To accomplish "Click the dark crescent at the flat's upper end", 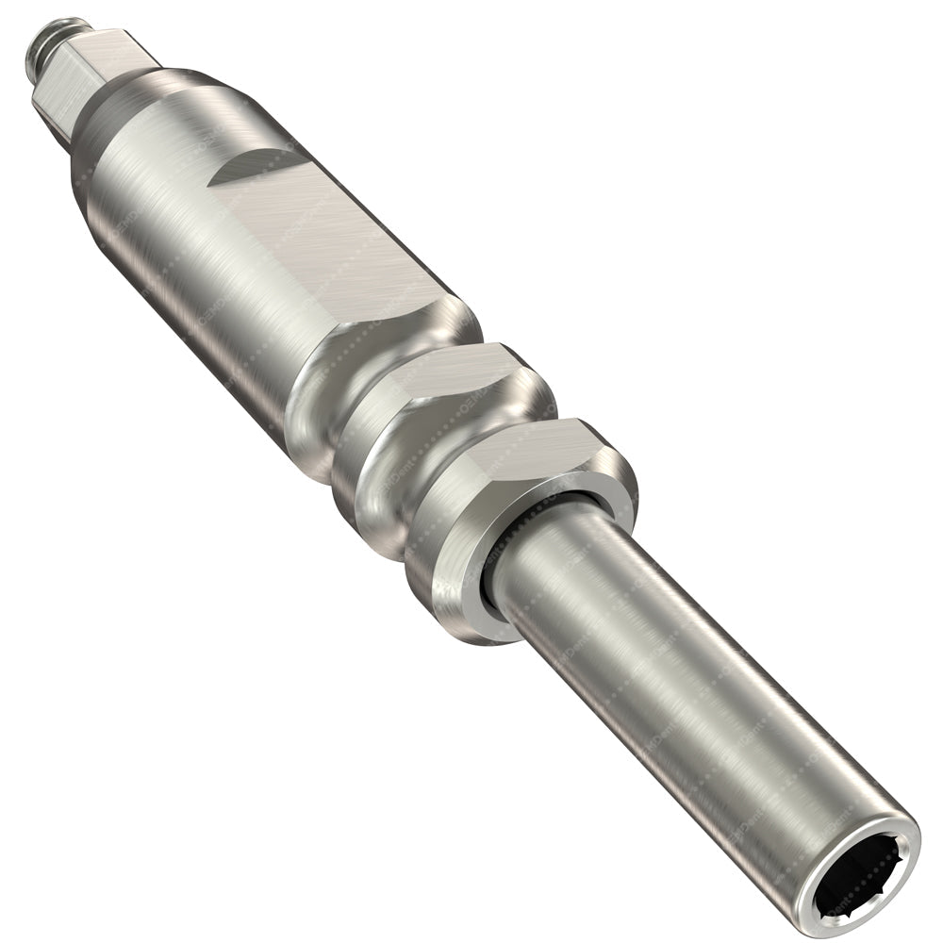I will point(247,168).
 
